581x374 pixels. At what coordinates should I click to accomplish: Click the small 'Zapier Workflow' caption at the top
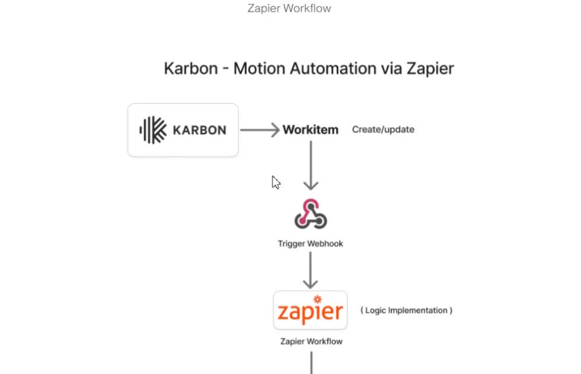tap(289, 8)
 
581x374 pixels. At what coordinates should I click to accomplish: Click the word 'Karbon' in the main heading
tap(191, 69)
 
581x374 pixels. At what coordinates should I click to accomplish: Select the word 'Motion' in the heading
tap(259, 69)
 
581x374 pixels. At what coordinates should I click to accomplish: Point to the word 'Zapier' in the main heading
tap(430, 69)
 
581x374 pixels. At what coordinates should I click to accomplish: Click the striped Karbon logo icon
tap(153, 130)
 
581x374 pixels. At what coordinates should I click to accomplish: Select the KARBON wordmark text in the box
tap(199, 130)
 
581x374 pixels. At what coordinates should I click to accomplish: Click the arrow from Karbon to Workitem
tap(260, 130)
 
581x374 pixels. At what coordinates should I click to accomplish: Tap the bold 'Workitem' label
tap(310, 130)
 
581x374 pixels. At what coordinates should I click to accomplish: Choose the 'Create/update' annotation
tap(383, 130)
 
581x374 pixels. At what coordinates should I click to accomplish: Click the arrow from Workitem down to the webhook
tap(310, 165)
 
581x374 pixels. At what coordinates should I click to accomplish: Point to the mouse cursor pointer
tap(276, 182)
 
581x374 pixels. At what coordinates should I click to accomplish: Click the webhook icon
tap(310, 214)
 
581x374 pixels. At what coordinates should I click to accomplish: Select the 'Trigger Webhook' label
tap(310, 244)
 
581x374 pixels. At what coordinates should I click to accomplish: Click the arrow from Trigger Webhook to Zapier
tap(310, 270)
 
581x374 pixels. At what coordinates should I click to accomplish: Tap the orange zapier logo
tap(310, 310)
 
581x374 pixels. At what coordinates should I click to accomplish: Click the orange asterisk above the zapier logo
tap(318, 299)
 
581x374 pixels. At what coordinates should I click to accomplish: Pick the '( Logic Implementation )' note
tap(407, 310)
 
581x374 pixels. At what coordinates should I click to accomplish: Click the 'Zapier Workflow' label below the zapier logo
tap(311, 341)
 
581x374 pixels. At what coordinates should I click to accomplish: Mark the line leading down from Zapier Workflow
tap(311, 362)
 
